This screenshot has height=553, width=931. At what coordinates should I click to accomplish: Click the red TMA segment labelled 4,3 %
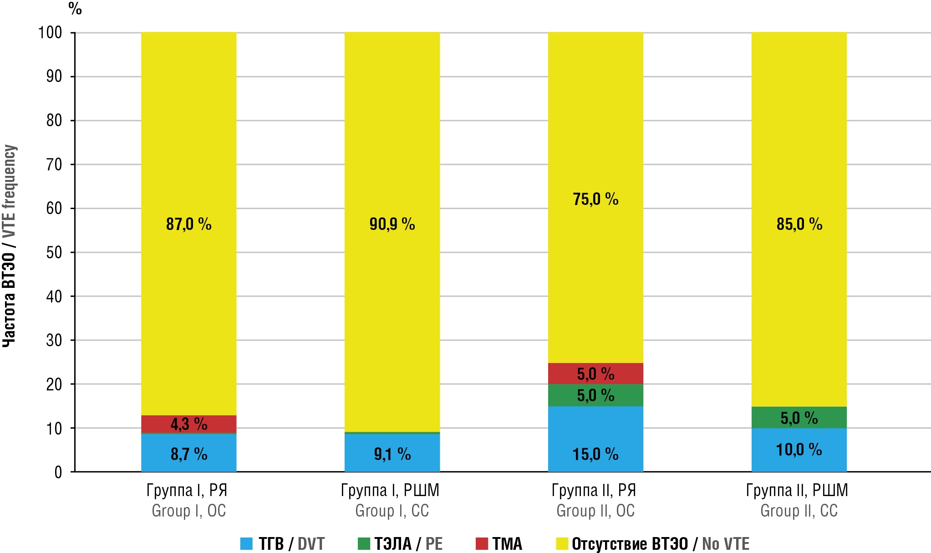click(188, 424)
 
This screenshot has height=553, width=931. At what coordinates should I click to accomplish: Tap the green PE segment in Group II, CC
click(799, 418)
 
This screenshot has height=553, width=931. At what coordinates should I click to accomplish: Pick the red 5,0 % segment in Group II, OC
click(595, 374)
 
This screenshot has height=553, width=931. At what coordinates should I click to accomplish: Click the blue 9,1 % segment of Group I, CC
click(392, 453)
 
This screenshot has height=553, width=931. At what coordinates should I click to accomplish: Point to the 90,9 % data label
click(392, 224)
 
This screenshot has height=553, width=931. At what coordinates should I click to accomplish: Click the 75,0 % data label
click(595, 199)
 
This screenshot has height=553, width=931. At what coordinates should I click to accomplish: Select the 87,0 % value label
click(188, 224)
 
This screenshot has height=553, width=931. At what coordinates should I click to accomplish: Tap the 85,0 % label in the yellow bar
click(799, 224)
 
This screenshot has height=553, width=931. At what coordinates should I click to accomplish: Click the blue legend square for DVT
click(246, 544)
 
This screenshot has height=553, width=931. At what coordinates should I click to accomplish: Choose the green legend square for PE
click(364, 544)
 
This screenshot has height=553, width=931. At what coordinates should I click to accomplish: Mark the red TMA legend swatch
click(482, 544)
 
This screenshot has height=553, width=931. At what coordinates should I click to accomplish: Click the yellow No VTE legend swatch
click(562, 544)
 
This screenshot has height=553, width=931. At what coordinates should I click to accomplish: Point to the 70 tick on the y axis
click(54, 164)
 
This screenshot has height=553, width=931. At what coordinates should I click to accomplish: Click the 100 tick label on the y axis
click(50, 33)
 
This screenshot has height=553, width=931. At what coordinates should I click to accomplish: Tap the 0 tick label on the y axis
click(58, 472)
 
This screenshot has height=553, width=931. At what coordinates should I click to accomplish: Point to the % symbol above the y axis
click(75, 9)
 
